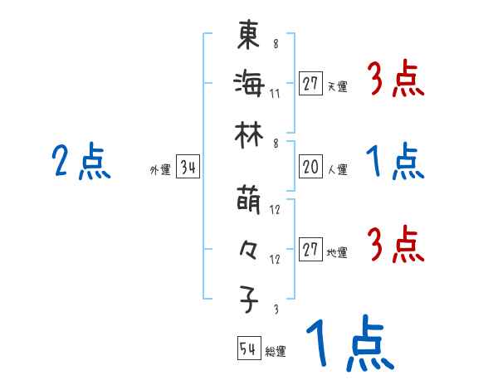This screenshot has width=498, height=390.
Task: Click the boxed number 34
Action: click(x=188, y=168)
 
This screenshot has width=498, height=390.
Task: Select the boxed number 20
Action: click(x=310, y=168)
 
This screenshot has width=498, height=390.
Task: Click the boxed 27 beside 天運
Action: click(x=310, y=84)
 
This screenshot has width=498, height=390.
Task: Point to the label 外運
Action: click(x=159, y=170)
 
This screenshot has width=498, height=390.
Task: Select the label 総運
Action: click(x=276, y=351)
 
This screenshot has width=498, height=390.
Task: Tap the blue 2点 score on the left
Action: click(x=81, y=162)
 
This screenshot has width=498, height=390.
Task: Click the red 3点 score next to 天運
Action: click(x=395, y=81)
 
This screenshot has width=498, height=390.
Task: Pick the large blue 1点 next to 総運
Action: click(x=348, y=344)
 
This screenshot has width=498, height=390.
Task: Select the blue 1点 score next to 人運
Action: click(x=395, y=162)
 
